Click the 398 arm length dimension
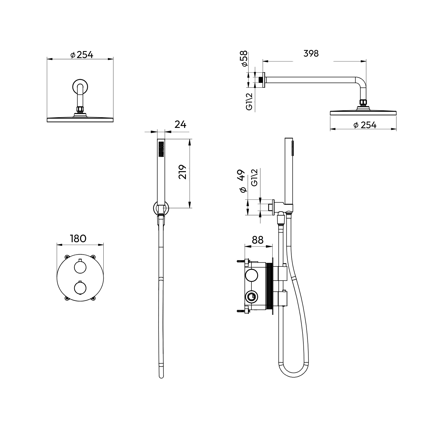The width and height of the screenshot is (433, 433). pyautogui.click(x=311, y=53)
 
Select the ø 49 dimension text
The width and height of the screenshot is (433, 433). pyautogui.click(x=242, y=181)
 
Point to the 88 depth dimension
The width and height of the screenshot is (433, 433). pyautogui.click(x=258, y=240)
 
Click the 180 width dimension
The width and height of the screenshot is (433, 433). pyautogui.click(x=78, y=238)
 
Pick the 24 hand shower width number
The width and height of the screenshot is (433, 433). pyautogui.click(x=181, y=124)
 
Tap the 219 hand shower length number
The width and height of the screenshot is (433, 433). pyautogui.click(x=182, y=172)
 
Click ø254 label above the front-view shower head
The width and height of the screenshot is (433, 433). pyautogui.click(x=82, y=55)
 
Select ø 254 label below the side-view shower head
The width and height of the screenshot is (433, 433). pyautogui.click(x=365, y=125)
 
